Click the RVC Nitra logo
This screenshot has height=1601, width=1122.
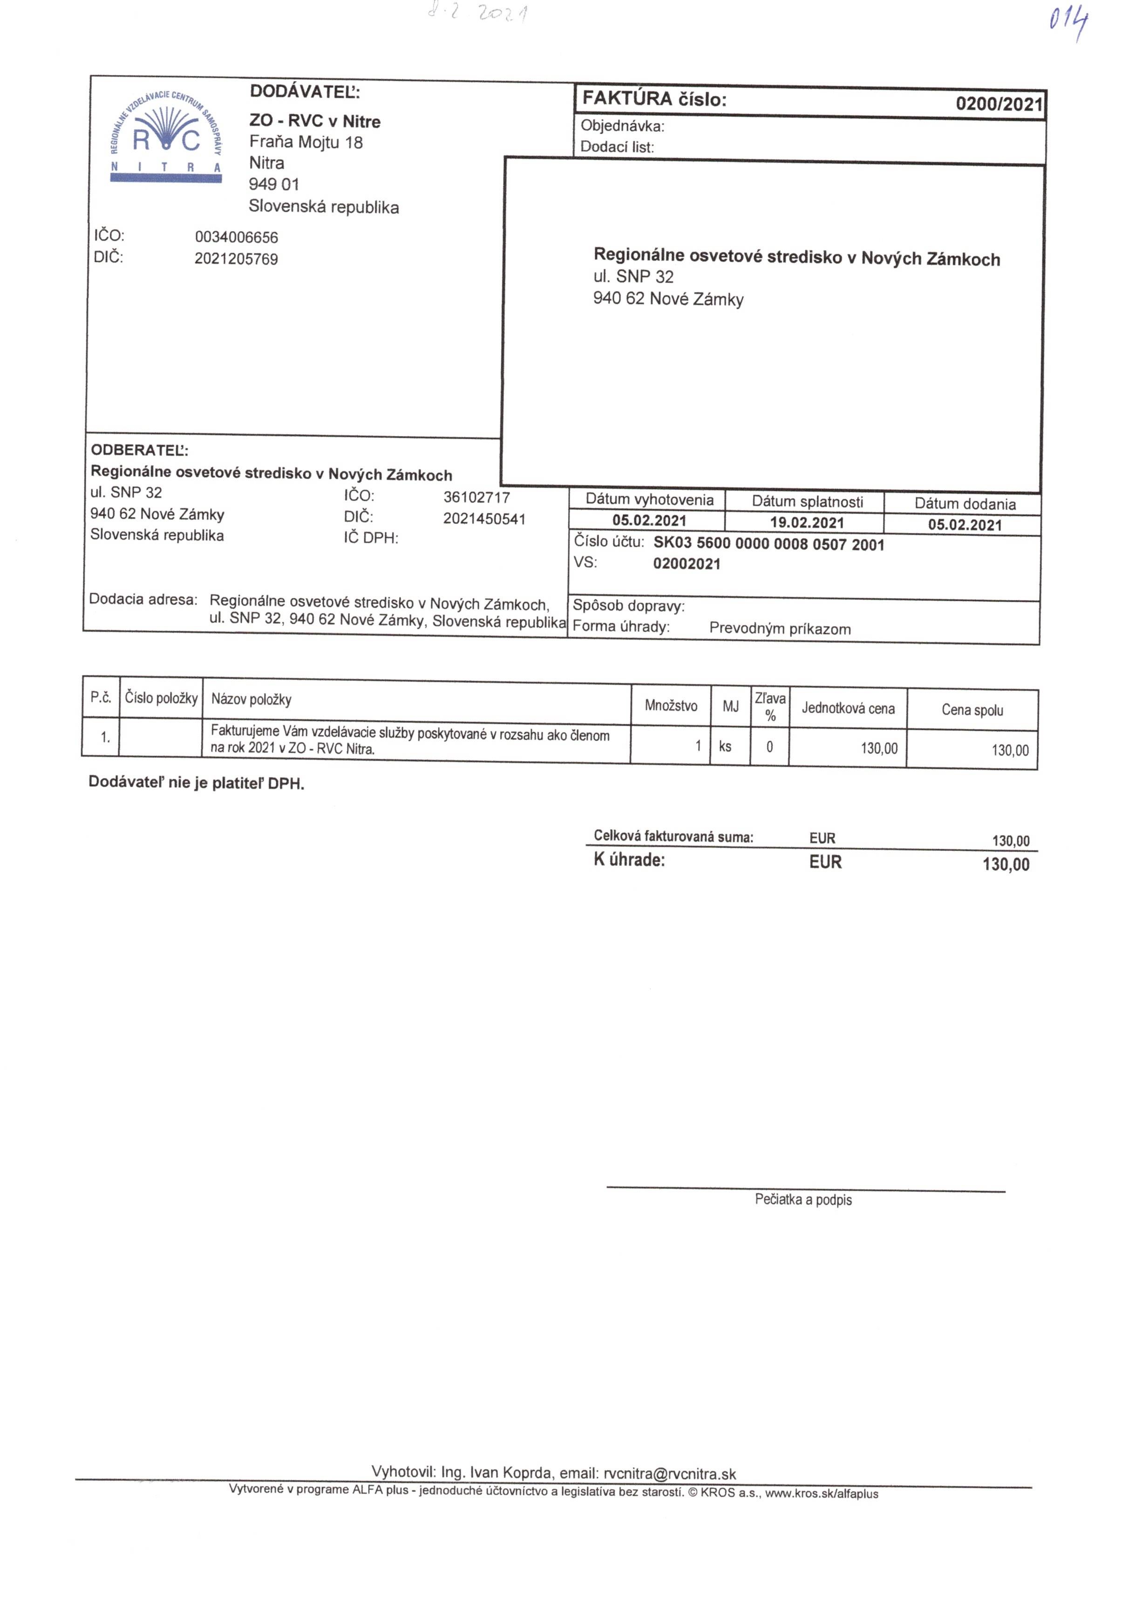(166, 136)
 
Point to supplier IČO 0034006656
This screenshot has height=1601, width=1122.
(237, 237)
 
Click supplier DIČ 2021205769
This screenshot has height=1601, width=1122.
(237, 259)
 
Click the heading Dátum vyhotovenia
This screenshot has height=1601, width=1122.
(649, 500)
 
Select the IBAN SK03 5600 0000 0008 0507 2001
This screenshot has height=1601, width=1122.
(768, 544)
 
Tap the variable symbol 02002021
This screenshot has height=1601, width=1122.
(686, 564)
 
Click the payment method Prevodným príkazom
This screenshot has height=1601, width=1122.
(780, 628)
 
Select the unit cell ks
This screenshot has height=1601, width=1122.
(725, 747)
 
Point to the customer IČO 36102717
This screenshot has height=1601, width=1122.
(476, 497)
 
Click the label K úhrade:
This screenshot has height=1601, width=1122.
(629, 860)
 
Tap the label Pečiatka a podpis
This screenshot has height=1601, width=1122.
(802, 1199)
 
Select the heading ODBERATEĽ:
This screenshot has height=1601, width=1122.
(139, 450)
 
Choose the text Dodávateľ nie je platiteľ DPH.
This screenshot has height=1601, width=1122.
(196, 783)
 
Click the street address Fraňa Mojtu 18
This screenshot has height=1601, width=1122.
(306, 142)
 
